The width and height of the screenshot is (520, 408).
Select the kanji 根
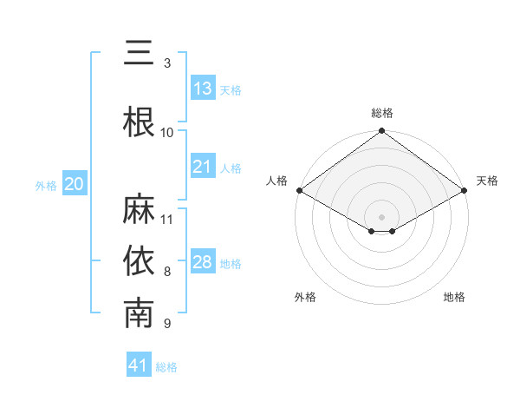click(x=140, y=122)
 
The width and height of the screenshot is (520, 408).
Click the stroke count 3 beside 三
click(x=167, y=63)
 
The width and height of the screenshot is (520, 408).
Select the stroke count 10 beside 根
click(x=167, y=133)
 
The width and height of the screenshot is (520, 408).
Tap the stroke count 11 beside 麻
click(x=167, y=219)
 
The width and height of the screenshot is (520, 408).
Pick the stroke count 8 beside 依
click(x=167, y=272)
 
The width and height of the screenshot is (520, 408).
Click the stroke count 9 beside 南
click(x=167, y=324)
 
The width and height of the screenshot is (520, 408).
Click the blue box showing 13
click(x=203, y=89)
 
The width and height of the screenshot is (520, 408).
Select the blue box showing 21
click(x=203, y=167)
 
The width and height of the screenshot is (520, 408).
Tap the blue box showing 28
click(x=203, y=262)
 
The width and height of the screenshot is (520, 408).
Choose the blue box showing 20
click(x=75, y=184)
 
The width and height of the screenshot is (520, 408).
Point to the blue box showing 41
click(x=139, y=365)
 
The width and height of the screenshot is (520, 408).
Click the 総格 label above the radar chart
click(x=381, y=114)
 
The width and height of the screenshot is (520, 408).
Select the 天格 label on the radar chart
click(x=488, y=181)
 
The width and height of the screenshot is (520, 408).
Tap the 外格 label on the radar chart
click(x=305, y=297)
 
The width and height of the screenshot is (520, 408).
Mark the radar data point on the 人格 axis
click(x=298, y=190)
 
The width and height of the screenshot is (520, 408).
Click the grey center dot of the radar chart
click(x=381, y=215)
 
